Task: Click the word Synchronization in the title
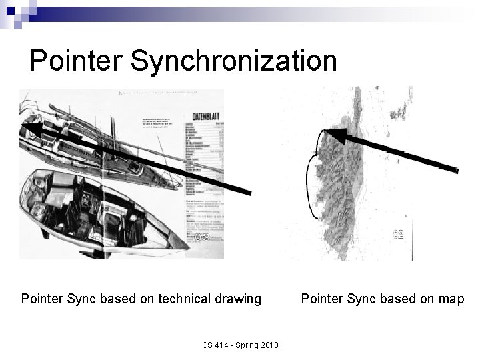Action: click(x=234, y=61)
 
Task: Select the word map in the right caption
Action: click(x=451, y=299)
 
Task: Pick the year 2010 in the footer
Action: click(x=269, y=345)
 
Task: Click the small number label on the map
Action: click(x=399, y=234)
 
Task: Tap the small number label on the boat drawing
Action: click(x=203, y=237)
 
